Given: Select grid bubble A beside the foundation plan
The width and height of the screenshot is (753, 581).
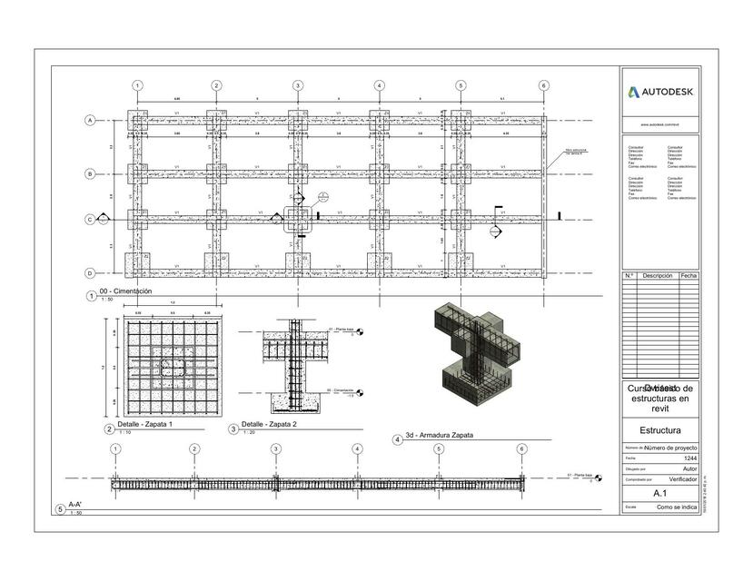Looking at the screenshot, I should (90, 120).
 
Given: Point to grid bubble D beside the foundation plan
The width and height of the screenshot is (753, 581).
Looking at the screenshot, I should (90, 273).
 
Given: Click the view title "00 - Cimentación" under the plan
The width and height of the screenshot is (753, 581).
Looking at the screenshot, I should (126, 291).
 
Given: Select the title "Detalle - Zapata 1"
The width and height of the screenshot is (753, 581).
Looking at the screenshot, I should (144, 424).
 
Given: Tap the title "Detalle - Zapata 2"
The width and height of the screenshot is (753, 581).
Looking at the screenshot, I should (270, 424).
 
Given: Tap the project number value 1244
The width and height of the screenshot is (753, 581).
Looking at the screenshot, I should (689, 458).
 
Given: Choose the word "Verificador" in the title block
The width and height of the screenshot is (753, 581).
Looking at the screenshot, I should (683, 478).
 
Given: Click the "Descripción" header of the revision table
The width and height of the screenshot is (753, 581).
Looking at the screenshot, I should (657, 275).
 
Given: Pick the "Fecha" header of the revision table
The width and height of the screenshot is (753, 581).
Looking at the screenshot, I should (689, 275).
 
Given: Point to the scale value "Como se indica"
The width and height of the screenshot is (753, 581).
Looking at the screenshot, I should (677, 507).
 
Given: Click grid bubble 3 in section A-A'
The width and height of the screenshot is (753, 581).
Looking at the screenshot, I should (275, 448).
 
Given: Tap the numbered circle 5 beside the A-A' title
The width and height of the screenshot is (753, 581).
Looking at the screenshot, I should (61, 510).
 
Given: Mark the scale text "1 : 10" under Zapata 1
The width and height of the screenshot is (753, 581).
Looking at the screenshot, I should (124, 432).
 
